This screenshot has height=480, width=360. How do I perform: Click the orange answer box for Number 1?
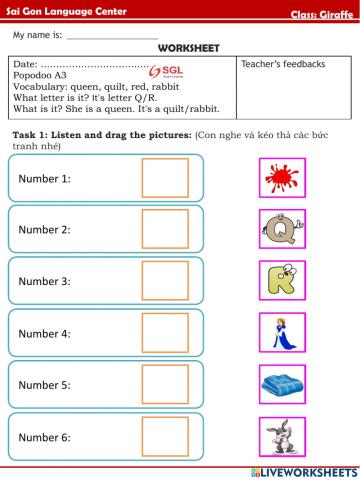click(x=164, y=178)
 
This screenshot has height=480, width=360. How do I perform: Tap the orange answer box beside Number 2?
click(x=164, y=229)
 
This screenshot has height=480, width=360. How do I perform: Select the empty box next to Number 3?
click(x=164, y=281)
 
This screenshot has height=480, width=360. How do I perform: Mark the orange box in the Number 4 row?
click(x=164, y=332)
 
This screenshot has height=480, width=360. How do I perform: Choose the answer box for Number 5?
click(x=164, y=384)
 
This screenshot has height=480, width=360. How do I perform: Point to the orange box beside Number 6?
click(x=164, y=436)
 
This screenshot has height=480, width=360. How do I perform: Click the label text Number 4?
click(x=45, y=333)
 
